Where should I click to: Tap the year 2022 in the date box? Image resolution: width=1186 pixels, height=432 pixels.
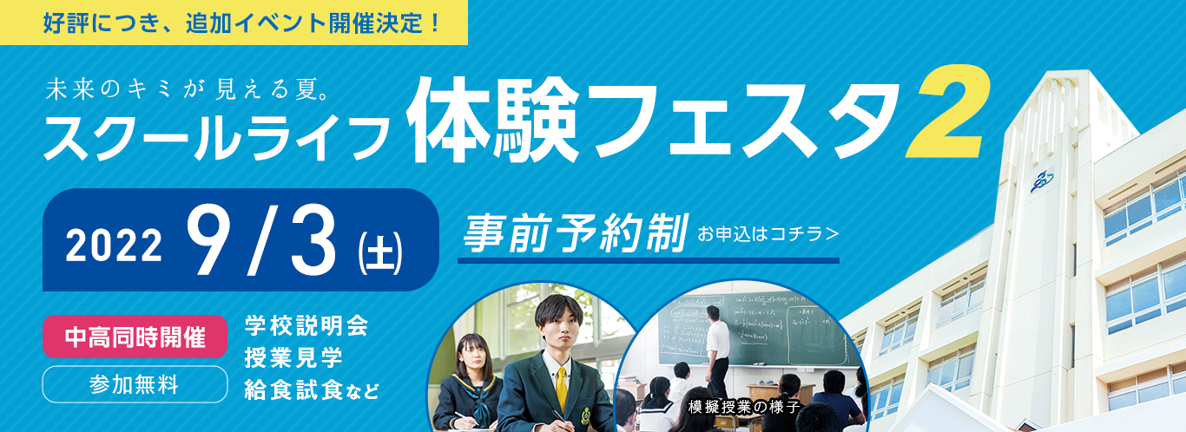(114, 245)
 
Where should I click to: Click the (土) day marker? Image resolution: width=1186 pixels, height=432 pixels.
(380, 255)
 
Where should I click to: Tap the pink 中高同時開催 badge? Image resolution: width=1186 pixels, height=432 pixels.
(135, 337)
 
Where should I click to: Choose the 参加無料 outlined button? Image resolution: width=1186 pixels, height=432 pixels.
(135, 384)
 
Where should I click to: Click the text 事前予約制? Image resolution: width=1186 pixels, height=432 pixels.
(576, 232)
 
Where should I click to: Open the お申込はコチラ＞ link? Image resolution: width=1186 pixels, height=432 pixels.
(768, 233)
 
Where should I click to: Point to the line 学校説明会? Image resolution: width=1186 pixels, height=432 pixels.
(306, 325)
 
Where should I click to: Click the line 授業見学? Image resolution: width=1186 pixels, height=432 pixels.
(293, 358)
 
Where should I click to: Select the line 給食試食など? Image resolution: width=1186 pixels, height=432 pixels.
(312, 390)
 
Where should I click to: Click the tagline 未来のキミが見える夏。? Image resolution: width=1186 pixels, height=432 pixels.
(188, 89)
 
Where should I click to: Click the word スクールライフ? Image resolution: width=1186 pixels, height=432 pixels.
(216, 136)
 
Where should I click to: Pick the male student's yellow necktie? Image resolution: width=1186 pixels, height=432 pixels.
(562, 389)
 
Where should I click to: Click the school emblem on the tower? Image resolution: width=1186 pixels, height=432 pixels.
(1042, 180)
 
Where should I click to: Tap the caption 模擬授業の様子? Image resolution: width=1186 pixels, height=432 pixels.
(744, 407)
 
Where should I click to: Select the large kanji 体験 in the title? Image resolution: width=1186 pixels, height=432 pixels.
(492, 120)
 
